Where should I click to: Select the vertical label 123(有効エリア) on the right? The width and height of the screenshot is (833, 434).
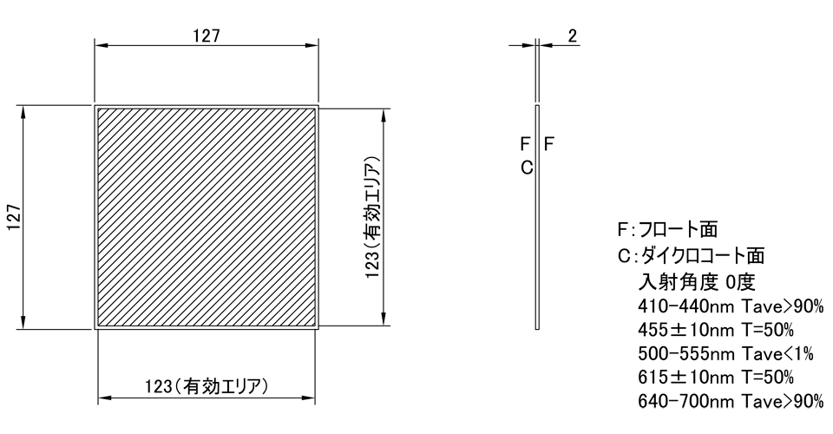pyautogui.click(x=372, y=217)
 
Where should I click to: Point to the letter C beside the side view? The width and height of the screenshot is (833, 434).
pyautogui.click(x=526, y=168)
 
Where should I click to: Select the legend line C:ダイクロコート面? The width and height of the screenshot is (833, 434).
pyautogui.click(x=691, y=256)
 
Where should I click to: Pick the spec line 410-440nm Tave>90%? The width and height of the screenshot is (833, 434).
pyautogui.click(x=730, y=307)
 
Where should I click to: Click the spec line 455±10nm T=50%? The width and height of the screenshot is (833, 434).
pyautogui.click(x=716, y=331)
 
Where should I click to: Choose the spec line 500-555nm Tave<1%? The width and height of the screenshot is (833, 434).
pyautogui.click(x=726, y=354)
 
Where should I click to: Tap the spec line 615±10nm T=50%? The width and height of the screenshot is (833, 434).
pyautogui.click(x=716, y=378)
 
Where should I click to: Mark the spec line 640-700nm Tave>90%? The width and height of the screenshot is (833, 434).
pyautogui.click(x=730, y=401)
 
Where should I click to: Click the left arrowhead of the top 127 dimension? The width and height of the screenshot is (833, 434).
pyautogui.click(x=100, y=44)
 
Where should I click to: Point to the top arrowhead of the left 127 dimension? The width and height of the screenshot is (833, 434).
pyautogui.click(x=24, y=111)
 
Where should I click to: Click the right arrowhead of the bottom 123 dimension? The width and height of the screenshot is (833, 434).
pyautogui.click(x=310, y=398)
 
